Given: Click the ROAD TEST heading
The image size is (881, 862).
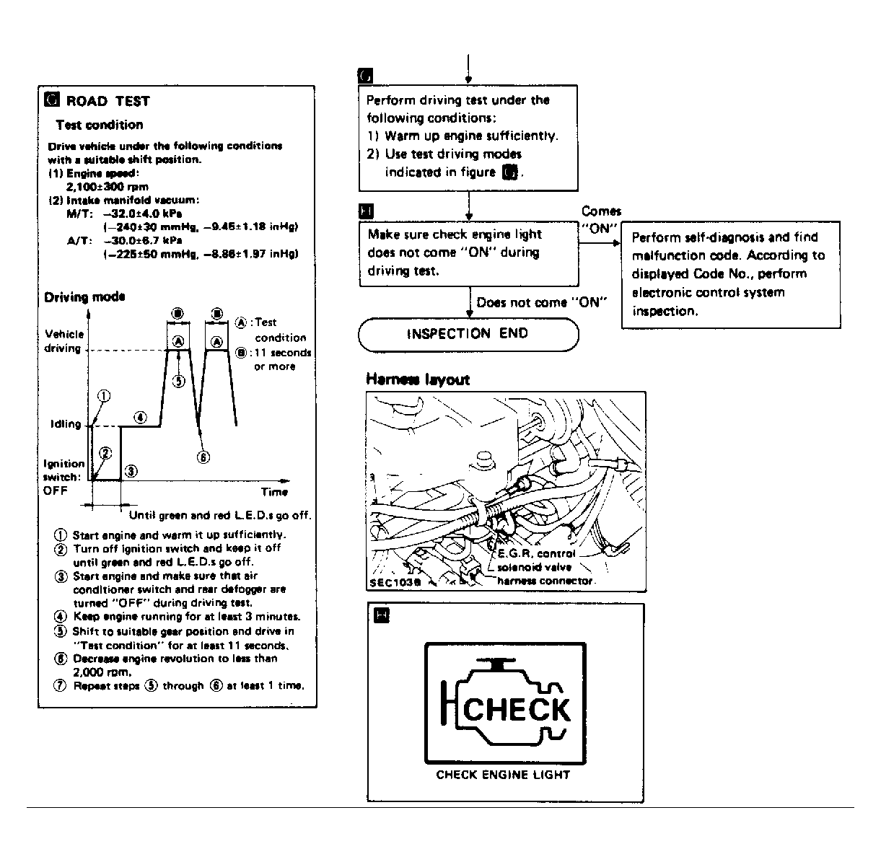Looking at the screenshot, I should click(x=108, y=101).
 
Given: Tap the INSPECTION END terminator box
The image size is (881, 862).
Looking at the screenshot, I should click(x=468, y=334).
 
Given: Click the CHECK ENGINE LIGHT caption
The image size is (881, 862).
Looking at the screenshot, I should click(x=503, y=775).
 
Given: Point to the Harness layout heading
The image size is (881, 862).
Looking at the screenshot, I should click(x=418, y=379).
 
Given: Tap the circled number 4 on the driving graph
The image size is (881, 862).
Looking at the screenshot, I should click(x=141, y=418).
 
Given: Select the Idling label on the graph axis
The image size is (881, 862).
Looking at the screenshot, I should click(x=66, y=424).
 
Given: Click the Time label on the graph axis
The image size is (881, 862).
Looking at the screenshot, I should click(x=274, y=492).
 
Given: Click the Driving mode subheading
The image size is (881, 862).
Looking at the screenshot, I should click(x=84, y=296).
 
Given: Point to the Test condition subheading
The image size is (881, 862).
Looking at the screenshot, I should click(x=99, y=125).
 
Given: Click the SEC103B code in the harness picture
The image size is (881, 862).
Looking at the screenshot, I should click(x=393, y=581).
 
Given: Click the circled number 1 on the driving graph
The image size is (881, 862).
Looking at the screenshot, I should click(x=104, y=396).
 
